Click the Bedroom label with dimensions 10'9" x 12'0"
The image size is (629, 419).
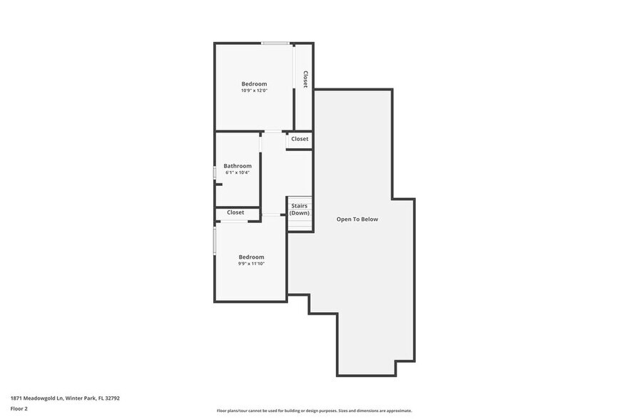254,84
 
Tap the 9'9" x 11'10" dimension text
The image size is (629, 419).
251,264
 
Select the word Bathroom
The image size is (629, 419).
237,166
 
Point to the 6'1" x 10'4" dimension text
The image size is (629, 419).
237,172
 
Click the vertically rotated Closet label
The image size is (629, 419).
305,78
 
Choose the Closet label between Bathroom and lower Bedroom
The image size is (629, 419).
235,212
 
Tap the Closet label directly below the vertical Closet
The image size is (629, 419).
300,139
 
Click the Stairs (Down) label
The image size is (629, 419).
300,209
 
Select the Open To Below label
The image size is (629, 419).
357,219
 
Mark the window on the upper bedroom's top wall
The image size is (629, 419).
275,43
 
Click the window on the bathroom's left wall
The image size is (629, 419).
215,173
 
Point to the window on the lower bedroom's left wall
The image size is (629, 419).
215,240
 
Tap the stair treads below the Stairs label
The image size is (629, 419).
300,224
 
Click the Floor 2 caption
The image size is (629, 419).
19,408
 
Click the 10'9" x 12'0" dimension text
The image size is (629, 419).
254,90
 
